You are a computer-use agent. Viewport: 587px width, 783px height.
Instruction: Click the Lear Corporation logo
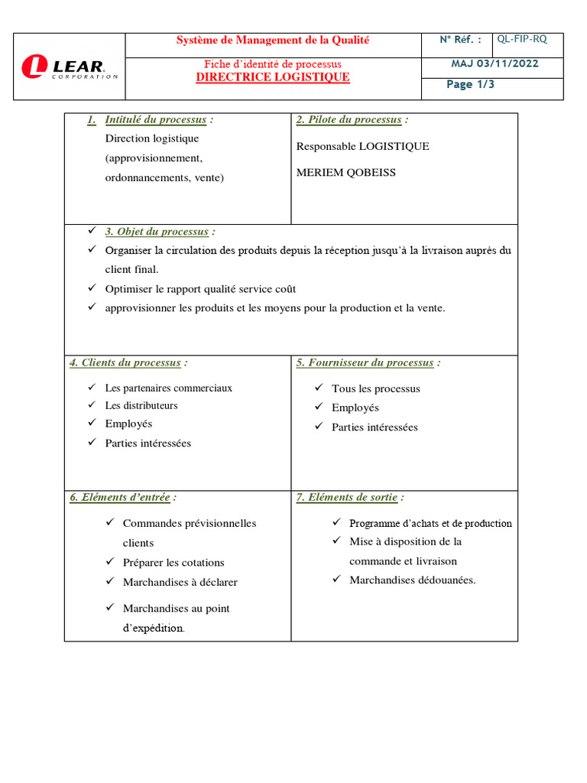pyautogui.click(x=69, y=67)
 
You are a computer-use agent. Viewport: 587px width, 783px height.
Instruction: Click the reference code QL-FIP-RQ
pyautogui.click(x=522, y=39)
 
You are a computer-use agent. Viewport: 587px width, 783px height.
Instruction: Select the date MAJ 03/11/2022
pyautogui.click(x=494, y=63)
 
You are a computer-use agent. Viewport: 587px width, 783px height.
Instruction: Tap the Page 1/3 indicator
pyautogui.click(x=470, y=84)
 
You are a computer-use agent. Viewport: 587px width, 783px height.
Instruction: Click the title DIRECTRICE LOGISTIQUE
pyautogui.click(x=273, y=77)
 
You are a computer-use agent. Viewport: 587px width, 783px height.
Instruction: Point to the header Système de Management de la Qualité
pyautogui.click(x=273, y=40)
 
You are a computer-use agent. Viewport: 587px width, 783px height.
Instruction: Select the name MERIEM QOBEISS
pyautogui.click(x=346, y=173)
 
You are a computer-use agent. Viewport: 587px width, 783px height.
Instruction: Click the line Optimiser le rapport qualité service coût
pyautogui.click(x=200, y=289)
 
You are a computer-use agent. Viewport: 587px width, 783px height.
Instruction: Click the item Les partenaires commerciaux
pyautogui.click(x=168, y=388)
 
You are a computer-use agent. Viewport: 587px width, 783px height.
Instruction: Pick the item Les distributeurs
pyautogui.click(x=141, y=405)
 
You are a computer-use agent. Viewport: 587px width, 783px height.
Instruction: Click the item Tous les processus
pyautogui.click(x=376, y=388)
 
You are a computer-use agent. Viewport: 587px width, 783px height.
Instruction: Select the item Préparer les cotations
pyautogui.click(x=174, y=562)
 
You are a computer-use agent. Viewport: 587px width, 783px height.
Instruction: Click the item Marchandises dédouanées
pyautogui.click(x=413, y=580)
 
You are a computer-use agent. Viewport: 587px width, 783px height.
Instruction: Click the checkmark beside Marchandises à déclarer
pyautogui.click(x=109, y=581)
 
